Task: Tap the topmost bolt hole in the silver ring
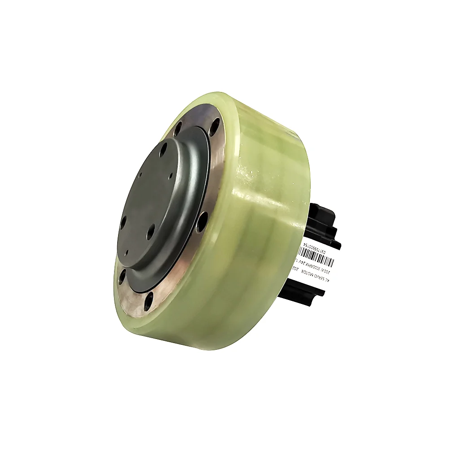coord(216,122)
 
